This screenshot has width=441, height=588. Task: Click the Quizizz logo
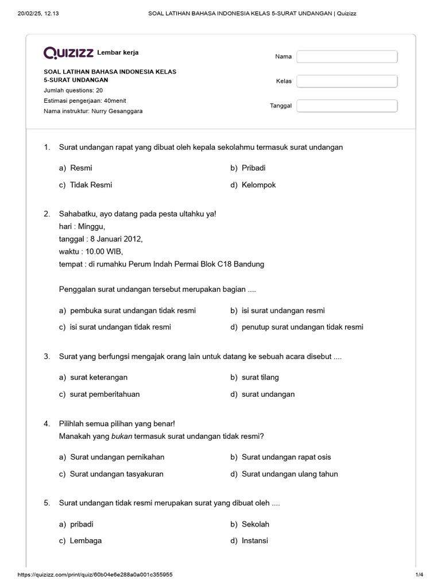pos(69,53)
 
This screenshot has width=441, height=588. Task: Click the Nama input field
pos(347,57)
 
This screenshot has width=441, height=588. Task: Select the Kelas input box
pos(347,81)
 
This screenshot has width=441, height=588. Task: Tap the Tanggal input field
pos(347,106)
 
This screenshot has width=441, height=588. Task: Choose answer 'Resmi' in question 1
pos(81,168)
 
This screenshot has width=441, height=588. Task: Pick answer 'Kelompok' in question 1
pos(258,185)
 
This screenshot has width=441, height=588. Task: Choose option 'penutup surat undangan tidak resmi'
pos(302,327)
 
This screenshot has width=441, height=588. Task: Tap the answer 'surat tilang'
pos(260,377)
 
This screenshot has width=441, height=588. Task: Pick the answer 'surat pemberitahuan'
pos(105,394)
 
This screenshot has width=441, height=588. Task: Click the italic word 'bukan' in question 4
pos(121,436)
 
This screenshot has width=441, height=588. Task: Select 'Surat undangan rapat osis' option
pos(286,457)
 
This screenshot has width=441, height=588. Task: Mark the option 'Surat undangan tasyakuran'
pos(117,474)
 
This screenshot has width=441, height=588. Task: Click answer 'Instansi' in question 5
pos(254,541)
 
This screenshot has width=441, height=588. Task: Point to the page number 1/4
pos(419,575)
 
